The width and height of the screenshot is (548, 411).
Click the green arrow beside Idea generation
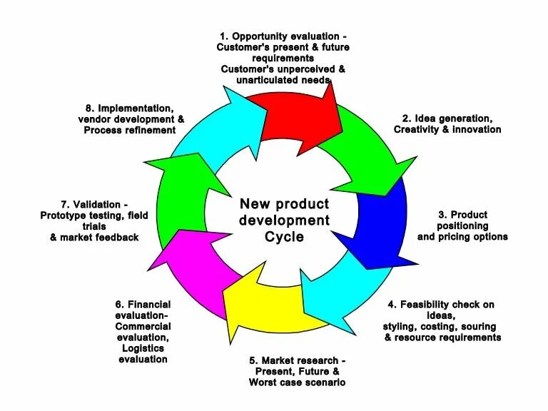click(x=360, y=150)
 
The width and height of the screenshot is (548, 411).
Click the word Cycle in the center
click(x=284, y=236)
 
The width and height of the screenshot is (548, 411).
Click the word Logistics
click(x=143, y=348)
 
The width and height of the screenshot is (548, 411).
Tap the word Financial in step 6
click(x=150, y=305)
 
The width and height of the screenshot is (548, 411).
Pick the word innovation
click(x=477, y=129)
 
